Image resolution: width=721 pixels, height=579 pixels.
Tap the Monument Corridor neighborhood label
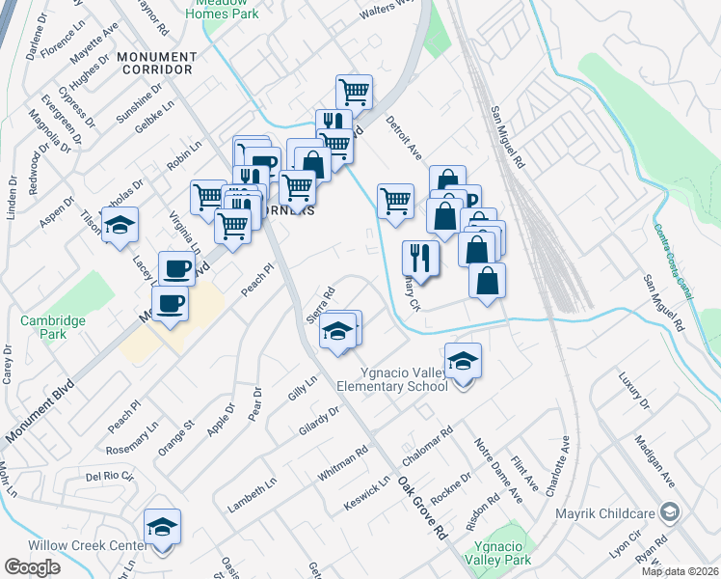pyautogui.click(x=155, y=63)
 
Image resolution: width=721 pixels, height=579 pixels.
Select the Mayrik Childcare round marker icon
pyautogui.click(x=671, y=511)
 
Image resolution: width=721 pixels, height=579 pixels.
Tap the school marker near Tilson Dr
pyautogui.click(x=120, y=226)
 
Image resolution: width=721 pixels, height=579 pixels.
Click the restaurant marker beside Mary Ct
pyautogui.click(x=420, y=258)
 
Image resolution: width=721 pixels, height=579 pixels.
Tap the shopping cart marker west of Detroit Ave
pyautogui.click(x=395, y=201)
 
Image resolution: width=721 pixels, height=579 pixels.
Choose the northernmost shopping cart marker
pyautogui.click(x=355, y=93)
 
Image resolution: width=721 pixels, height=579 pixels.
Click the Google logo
pyautogui.click(x=32, y=567)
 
